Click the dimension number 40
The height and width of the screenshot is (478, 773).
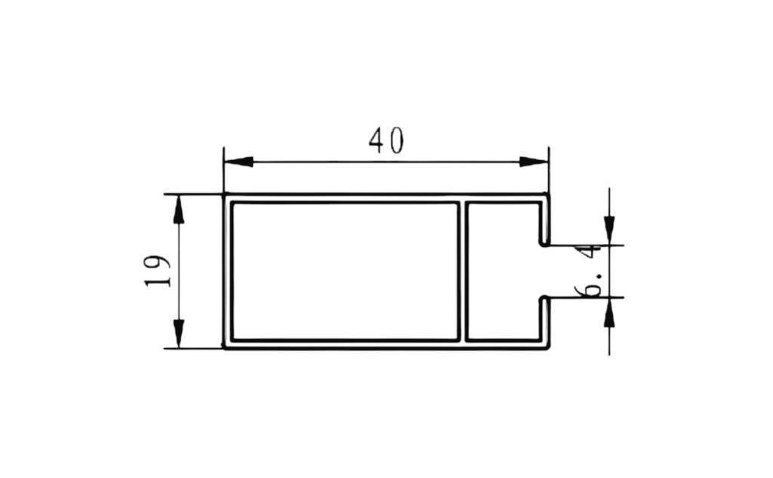[386, 140]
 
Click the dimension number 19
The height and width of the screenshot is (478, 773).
[158, 271]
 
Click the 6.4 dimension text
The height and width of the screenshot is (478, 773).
[590, 271]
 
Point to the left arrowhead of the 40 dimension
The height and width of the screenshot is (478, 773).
[239, 162]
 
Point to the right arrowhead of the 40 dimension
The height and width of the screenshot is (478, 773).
[534, 162]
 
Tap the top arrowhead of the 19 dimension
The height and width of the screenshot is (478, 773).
[178, 209]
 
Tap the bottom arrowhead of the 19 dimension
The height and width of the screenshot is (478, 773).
[178, 334]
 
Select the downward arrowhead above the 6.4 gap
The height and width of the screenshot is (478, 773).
[609, 230]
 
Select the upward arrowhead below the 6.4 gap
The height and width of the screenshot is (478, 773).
[609, 312]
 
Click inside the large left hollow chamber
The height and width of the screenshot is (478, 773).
[345, 271]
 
